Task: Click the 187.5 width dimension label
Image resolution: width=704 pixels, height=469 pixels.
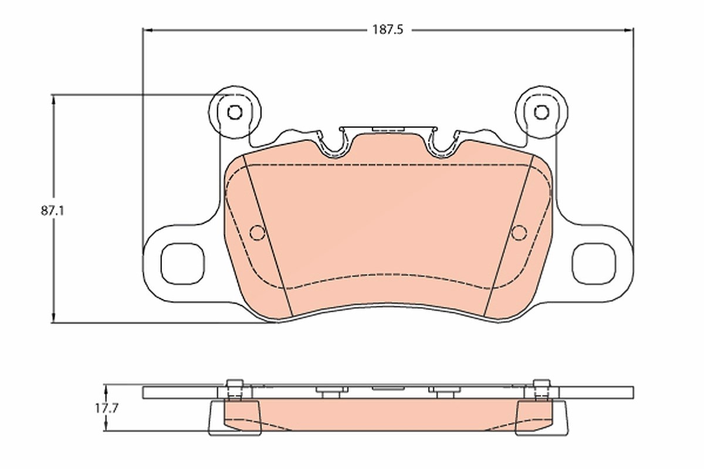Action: (x=388, y=30)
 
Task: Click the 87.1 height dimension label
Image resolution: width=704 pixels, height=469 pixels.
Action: (x=52, y=211)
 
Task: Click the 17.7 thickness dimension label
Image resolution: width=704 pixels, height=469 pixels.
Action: (x=107, y=409)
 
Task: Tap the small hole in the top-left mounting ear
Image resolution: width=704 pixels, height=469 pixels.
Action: (x=235, y=112)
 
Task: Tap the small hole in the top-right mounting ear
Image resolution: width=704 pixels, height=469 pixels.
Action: (x=541, y=112)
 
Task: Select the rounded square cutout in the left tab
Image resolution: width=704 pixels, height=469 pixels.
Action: (x=182, y=264)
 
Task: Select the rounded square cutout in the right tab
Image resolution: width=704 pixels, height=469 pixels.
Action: (x=594, y=264)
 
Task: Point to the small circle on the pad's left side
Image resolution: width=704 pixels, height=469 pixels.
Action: (x=258, y=233)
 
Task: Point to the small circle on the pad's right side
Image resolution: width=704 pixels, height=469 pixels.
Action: (x=519, y=233)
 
